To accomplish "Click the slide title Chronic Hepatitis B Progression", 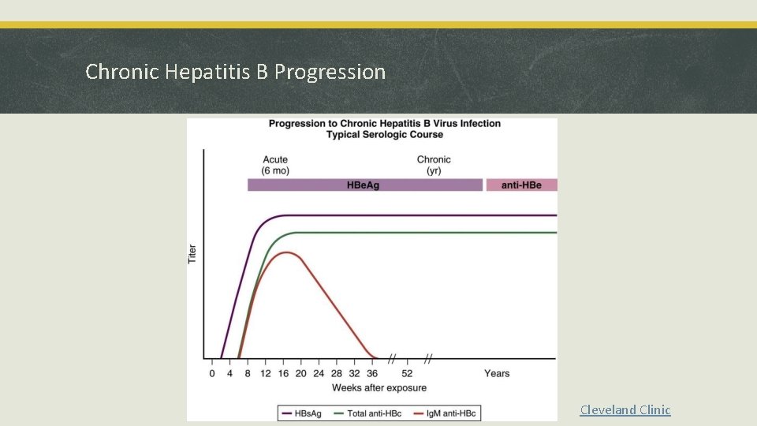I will (235, 72).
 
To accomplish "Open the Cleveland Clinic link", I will (625, 409).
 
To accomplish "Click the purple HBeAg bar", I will (364, 185).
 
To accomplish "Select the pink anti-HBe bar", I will (521, 185).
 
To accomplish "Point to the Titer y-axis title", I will (192, 253).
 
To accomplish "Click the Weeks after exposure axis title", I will (378, 388).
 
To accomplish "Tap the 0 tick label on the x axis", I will (211, 373).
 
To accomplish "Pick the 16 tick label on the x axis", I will (283, 373).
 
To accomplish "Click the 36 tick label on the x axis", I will (372, 373).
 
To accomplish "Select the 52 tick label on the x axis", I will (407, 373).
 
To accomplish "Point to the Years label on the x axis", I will (497, 373).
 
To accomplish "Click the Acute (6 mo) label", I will (275, 165).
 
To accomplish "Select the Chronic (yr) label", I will (434, 165).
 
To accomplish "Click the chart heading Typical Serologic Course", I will (385, 135).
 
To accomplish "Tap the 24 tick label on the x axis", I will (319, 373).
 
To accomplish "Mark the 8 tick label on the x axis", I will (248, 373).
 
